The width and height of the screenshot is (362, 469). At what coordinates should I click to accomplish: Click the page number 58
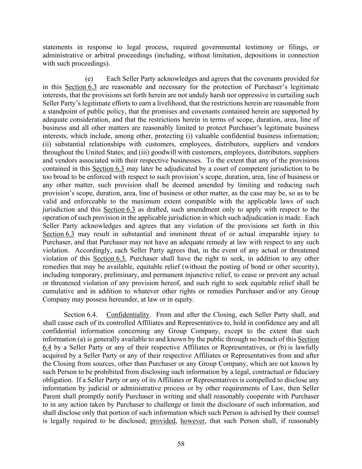coord(181,444)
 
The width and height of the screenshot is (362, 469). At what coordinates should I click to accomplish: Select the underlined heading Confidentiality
coord(128,315)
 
